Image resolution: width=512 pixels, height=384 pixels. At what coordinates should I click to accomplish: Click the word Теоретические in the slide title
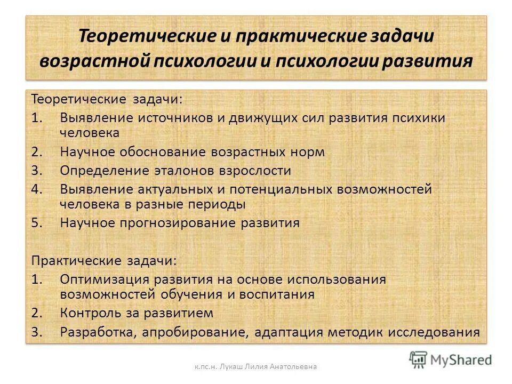(x=139, y=37)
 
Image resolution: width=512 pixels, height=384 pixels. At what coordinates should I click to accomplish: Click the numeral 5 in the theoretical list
(x=35, y=223)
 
